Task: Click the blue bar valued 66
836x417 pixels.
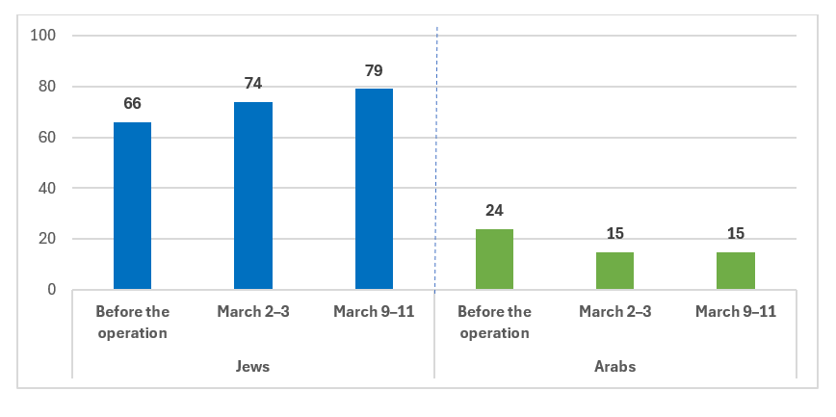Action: click(x=132, y=205)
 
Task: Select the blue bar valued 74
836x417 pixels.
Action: click(x=253, y=195)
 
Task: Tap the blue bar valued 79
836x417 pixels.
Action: click(x=374, y=189)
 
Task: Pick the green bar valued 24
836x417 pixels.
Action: click(x=494, y=259)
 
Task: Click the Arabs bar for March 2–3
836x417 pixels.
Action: click(x=614, y=271)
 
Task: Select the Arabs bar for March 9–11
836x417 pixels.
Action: click(x=736, y=271)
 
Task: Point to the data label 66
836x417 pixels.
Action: click(x=132, y=104)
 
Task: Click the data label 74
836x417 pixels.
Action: click(x=253, y=84)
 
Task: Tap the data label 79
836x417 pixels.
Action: click(x=374, y=71)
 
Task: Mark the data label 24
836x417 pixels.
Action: click(x=494, y=211)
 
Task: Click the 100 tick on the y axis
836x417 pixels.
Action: click(x=46, y=36)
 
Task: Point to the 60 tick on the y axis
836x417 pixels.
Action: click(x=50, y=138)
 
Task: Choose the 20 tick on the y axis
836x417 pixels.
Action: click(x=50, y=239)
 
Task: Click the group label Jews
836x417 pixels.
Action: click(x=253, y=367)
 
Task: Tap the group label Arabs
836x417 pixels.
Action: click(x=615, y=367)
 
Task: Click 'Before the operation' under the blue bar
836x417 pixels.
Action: click(x=132, y=322)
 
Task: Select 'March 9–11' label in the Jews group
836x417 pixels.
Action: click(x=374, y=311)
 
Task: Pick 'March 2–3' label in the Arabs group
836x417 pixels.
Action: click(x=614, y=311)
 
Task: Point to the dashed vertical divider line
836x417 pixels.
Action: click(x=436, y=154)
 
